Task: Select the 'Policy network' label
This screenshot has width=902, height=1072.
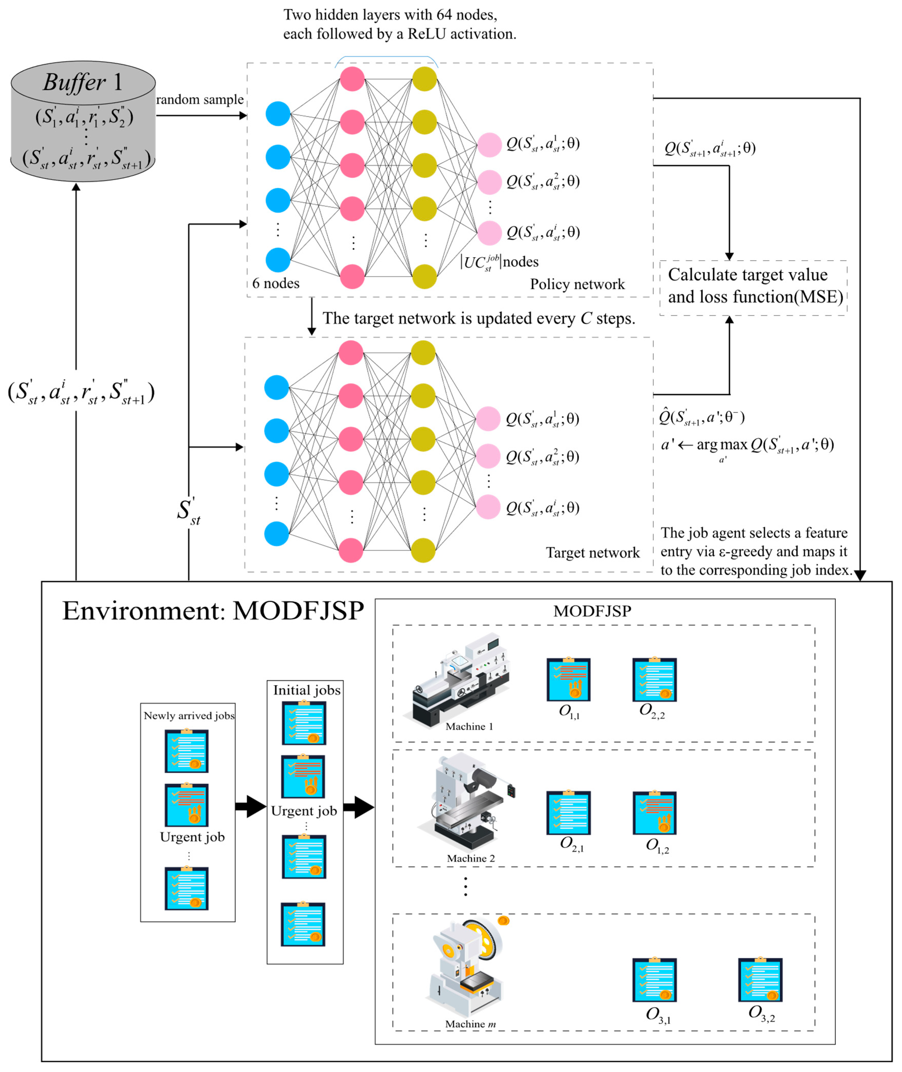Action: (x=577, y=284)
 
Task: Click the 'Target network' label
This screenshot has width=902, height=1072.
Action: (x=593, y=552)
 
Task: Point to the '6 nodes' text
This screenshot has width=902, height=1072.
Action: (x=276, y=283)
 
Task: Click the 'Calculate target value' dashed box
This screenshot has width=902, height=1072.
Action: (x=754, y=288)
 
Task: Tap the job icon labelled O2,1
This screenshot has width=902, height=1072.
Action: (x=569, y=812)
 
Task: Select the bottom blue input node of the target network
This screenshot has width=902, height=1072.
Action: (x=277, y=534)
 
